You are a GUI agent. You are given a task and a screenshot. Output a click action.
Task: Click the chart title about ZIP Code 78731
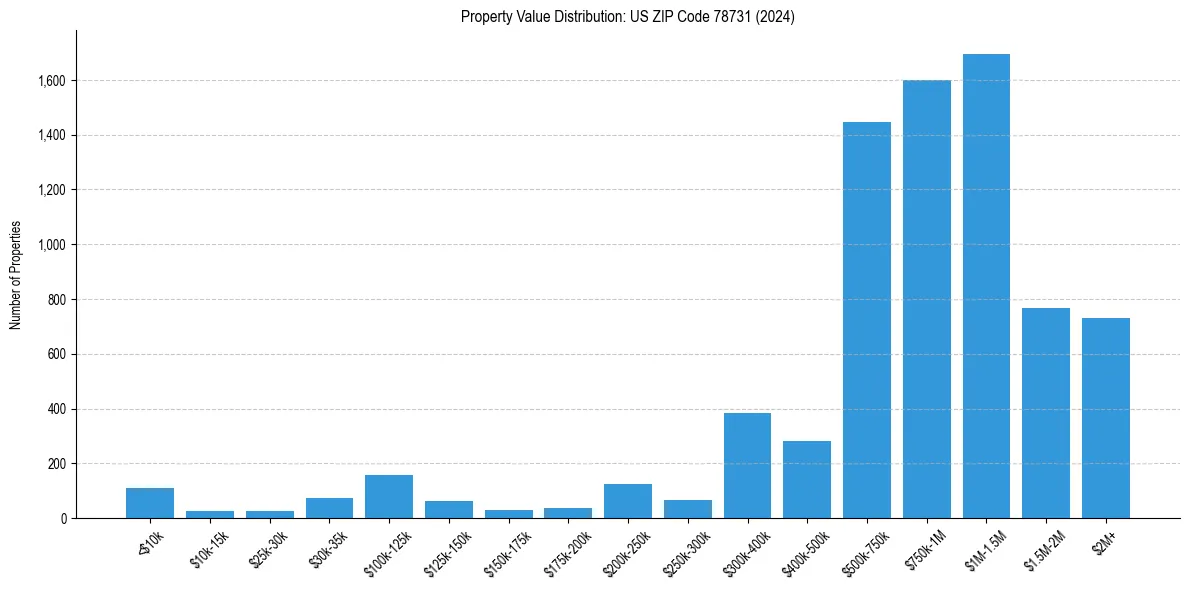(x=628, y=17)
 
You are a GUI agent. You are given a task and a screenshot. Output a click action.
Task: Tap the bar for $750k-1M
(x=926, y=299)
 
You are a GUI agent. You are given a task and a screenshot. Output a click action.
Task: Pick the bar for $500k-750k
(x=867, y=320)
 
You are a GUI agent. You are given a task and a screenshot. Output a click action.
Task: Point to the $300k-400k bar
(x=747, y=465)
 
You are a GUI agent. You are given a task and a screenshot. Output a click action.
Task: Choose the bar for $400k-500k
(x=807, y=479)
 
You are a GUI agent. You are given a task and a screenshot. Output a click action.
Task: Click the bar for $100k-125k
(x=389, y=496)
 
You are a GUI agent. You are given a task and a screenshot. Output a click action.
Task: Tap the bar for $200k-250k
(x=628, y=501)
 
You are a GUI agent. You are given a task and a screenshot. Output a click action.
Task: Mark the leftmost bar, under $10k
(x=150, y=503)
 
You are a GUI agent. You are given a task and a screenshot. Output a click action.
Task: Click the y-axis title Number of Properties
(x=16, y=275)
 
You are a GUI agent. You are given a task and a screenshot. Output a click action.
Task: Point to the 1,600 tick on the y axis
(x=52, y=80)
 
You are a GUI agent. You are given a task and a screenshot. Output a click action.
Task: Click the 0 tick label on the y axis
(x=63, y=518)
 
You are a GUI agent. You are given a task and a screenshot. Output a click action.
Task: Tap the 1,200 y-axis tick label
(x=52, y=190)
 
